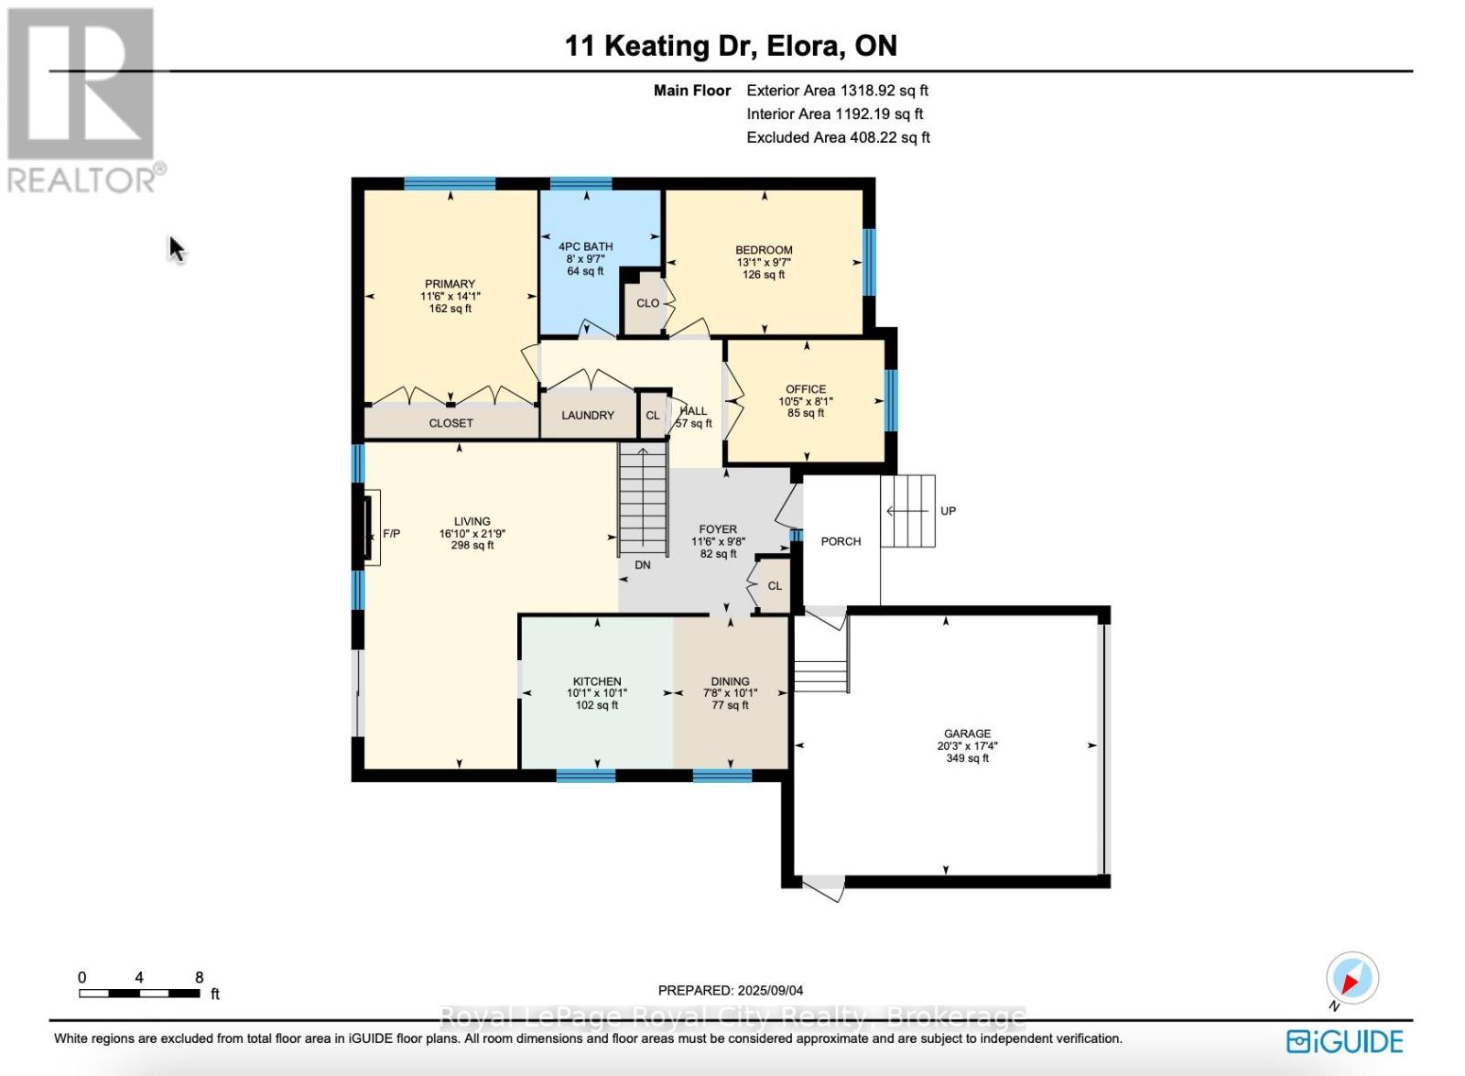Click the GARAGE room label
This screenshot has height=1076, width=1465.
click(x=967, y=734)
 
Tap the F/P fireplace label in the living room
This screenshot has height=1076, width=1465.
click(x=391, y=534)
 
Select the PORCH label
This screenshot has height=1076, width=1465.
click(x=841, y=541)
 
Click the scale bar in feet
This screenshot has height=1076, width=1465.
click(x=139, y=994)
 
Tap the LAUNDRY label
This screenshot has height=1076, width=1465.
click(x=587, y=416)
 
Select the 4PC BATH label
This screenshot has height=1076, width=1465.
click(x=585, y=246)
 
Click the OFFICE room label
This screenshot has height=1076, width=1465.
click(x=806, y=389)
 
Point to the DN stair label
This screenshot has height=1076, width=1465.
click(x=642, y=564)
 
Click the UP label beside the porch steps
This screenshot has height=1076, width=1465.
click(x=948, y=511)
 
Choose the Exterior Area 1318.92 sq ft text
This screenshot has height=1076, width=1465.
click(x=838, y=91)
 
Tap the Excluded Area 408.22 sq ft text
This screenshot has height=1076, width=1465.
click(x=839, y=137)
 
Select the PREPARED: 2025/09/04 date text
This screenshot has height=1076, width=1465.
click(x=731, y=991)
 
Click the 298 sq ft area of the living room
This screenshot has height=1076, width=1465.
click(x=472, y=545)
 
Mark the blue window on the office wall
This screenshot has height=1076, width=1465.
click(x=891, y=400)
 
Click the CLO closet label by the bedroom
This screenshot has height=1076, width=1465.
click(x=647, y=303)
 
